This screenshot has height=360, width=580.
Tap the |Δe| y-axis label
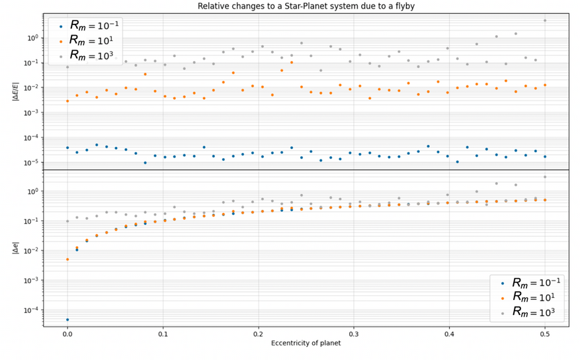point(15,249)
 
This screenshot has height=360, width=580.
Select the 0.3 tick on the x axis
point(354,334)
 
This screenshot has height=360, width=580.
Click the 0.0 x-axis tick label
point(67,334)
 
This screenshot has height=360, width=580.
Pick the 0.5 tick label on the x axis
point(545,334)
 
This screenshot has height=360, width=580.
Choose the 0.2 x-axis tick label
point(258,334)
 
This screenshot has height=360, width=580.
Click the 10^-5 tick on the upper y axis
point(31,163)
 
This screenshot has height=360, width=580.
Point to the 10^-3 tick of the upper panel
point(31,113)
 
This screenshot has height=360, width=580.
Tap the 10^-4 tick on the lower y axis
point(31,310)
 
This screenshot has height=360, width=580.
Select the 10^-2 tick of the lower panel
point(31,251)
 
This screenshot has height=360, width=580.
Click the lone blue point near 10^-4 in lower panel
point(67,320)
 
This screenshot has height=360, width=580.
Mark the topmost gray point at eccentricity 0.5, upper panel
point(545,21)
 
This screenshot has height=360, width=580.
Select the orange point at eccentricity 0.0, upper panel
point(67,101)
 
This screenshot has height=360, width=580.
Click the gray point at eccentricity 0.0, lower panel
point(67,221)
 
